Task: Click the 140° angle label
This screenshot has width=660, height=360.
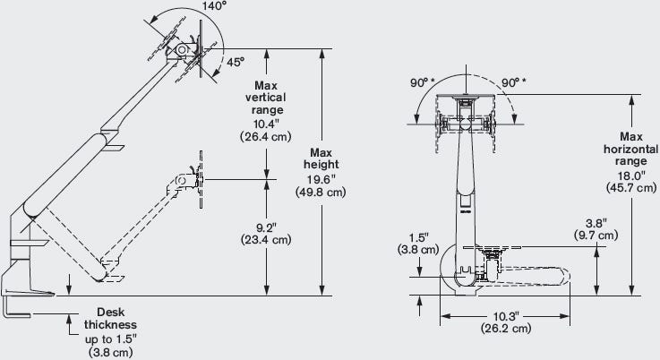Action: [x=214, y=6]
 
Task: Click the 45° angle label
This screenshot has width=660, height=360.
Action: [x=236, y=62]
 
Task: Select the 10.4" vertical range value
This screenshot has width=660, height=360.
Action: [x=266, y=124]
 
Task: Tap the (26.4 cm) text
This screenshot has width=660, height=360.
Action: [x=266, y=137]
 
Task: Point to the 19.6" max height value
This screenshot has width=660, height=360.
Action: [x=321, y=180]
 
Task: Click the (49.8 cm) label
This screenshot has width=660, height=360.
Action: [x=321, y=193]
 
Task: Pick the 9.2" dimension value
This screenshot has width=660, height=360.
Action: [x=266, y=227]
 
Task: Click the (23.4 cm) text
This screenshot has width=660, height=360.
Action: [x=266, y=240]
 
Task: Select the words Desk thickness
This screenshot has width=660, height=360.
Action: [x=110, y=318]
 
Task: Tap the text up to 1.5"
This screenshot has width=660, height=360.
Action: [x=111, y=339]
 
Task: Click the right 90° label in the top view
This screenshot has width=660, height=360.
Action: [x=513, y=83]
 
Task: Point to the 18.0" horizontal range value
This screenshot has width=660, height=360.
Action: [x=631, y=176]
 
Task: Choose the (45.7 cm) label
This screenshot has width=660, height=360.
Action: [x=631, y=188]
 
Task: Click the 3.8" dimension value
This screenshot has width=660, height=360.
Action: [x=596, y=223]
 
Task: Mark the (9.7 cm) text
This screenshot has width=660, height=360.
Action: [x=596, y=235]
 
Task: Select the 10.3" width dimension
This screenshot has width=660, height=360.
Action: [x=506, y=316]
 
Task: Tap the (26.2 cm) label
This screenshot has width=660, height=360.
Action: [x=506, y=328]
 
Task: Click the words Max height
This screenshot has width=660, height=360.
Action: [x=321, y=159]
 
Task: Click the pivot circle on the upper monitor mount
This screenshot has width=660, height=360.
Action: [x=182, y=49]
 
